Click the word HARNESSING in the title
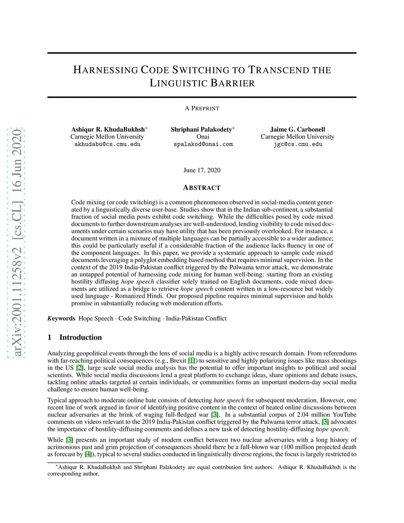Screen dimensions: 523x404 105,70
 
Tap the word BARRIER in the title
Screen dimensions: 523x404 232,83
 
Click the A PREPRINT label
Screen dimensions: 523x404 202,109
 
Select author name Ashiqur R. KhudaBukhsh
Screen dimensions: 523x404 108,129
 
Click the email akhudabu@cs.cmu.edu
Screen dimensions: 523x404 107,144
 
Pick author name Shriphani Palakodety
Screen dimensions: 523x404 201,129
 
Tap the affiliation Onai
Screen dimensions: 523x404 203,137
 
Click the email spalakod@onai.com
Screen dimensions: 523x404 203,144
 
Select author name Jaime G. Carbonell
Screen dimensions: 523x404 297,129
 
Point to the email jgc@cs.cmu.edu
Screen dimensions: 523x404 298,144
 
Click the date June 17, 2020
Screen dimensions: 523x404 202,170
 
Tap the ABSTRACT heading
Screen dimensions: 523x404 202,188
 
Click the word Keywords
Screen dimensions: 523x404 61,319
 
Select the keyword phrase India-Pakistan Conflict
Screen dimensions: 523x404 196,319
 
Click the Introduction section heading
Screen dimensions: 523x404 80,337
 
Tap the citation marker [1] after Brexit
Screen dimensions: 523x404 191,361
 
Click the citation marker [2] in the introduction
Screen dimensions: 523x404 80,368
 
